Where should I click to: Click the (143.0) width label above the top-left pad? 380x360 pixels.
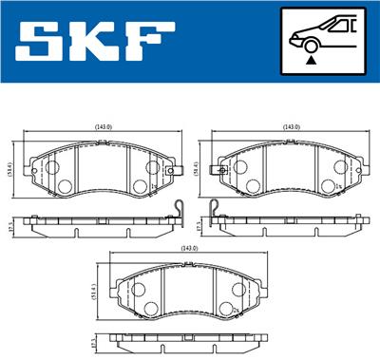[102, 126]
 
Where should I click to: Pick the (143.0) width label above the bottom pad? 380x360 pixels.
[191, 248]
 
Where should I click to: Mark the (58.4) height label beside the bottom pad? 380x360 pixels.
[105, 291]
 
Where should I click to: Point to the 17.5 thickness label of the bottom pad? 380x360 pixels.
[105, 345]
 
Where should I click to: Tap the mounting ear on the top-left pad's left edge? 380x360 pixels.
[34, 173]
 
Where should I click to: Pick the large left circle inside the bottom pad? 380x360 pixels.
[140, 287]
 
